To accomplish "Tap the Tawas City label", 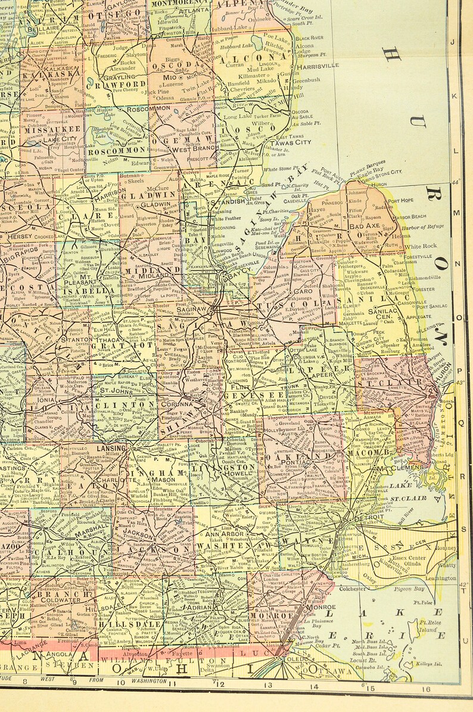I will point(291,143).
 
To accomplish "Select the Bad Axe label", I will point(364,227).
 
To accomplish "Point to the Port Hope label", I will point(401,200).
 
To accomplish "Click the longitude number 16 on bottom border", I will point(426,689).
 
